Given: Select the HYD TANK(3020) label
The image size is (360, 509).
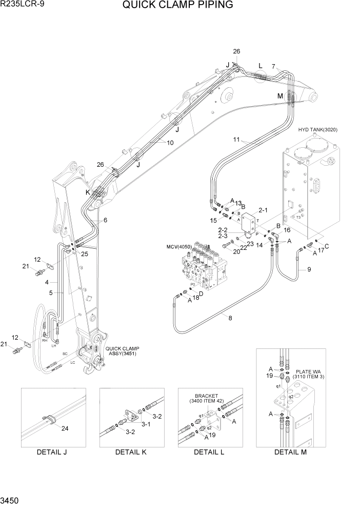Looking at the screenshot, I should click(x=318, y=130).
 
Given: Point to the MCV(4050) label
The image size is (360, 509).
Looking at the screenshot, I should click(x=179, y=247).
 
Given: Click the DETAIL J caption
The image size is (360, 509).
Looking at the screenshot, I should click(x=52, y=452).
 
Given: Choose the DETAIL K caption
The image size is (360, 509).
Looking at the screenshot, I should click(x=131, y=452).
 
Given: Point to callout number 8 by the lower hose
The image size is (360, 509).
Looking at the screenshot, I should click(x=230, y=318).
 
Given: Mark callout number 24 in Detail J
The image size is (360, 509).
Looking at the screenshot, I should click(x=64, y=428).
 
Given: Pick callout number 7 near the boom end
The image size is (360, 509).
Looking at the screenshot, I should click(x=273, y=66).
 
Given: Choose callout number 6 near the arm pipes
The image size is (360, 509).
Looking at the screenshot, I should click(x=105, y=220).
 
